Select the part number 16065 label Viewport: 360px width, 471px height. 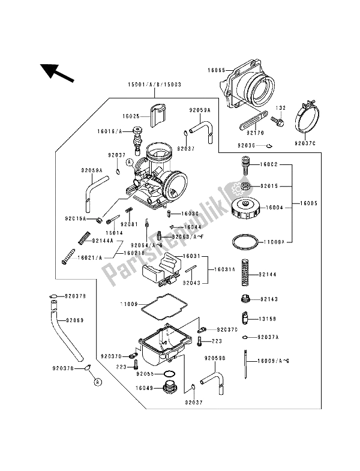coord(218,70)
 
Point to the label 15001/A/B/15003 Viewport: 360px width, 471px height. coord(150,85)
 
